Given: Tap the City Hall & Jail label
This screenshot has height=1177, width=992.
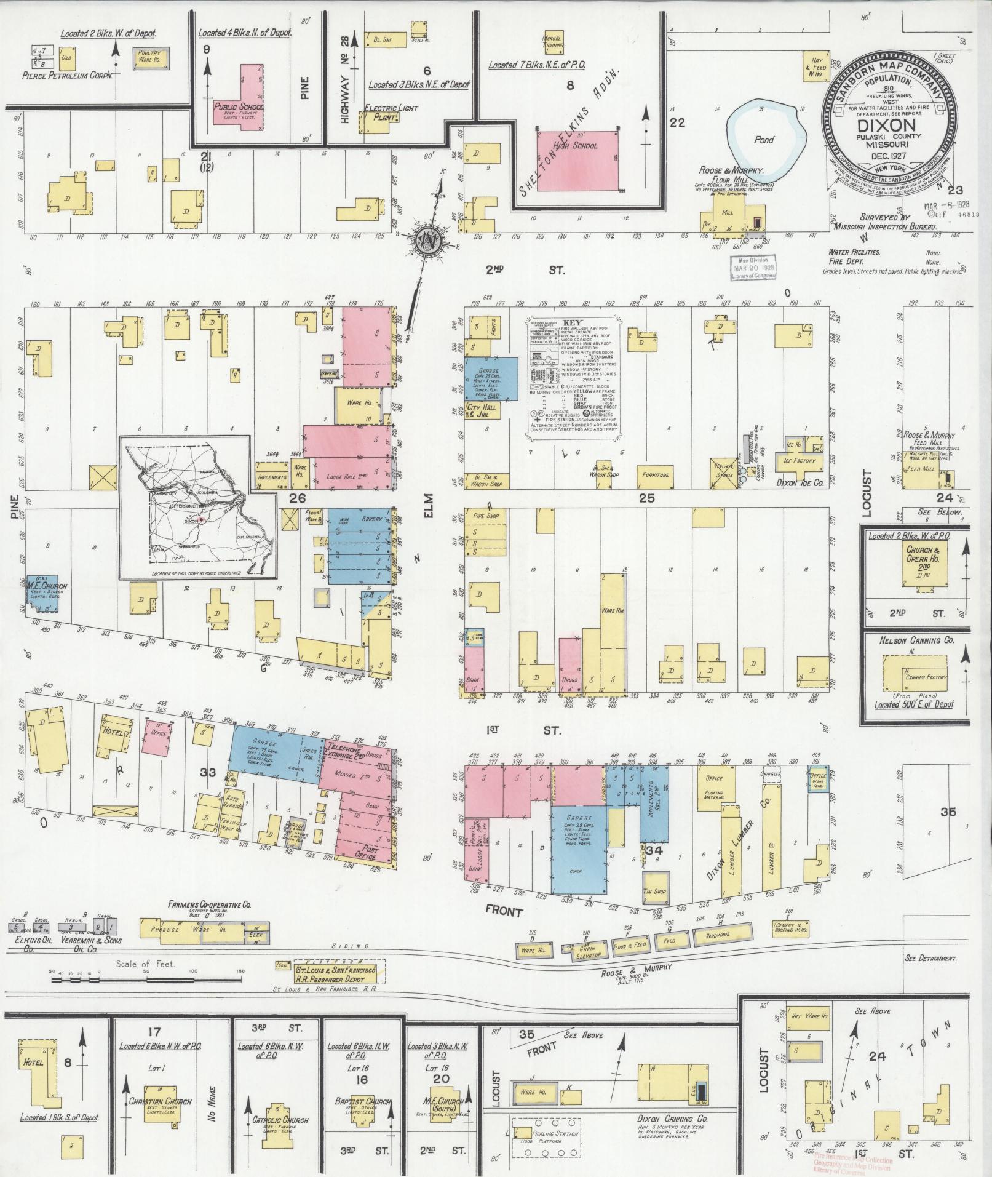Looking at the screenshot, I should [484, 411].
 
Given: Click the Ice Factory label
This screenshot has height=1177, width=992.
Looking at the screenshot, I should [799, 460].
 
